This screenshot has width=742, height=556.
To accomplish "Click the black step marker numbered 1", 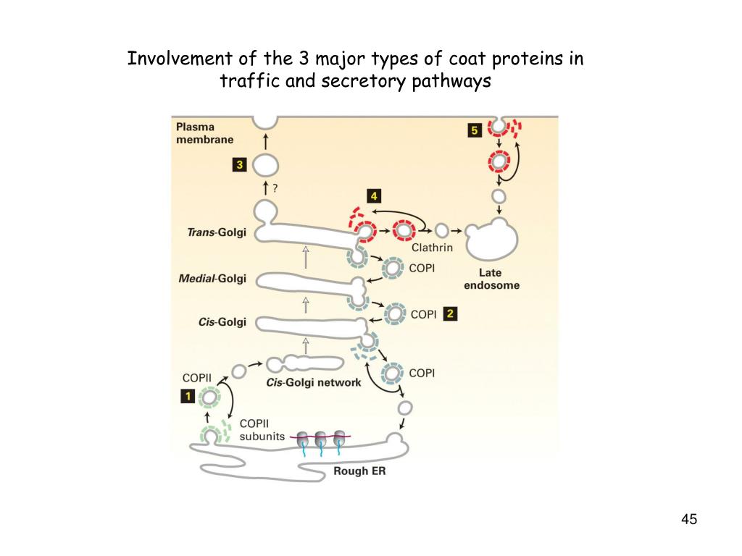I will tap(188, 396).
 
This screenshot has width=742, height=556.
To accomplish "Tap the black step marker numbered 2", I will tap(450, 314).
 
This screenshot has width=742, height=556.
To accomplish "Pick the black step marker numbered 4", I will tap(374, 196).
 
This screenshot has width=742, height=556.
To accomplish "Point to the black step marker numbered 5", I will tap(475, 130).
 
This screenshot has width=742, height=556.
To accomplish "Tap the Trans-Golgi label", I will tap(212, 232).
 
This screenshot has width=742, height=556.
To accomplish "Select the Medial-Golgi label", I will tap(212, 278).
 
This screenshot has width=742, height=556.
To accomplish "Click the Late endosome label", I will tap(499, 279).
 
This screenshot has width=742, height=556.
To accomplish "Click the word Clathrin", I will tap(432, 248).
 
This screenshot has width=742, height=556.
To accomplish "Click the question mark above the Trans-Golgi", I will tap(275, 188).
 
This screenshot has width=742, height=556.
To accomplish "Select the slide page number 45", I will tap(689, 519).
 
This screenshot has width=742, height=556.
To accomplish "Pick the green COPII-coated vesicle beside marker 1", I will tap(210, 397).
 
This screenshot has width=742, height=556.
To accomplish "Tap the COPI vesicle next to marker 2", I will tap(395, 314).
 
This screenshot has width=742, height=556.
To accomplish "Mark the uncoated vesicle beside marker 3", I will tap(264, 165).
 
